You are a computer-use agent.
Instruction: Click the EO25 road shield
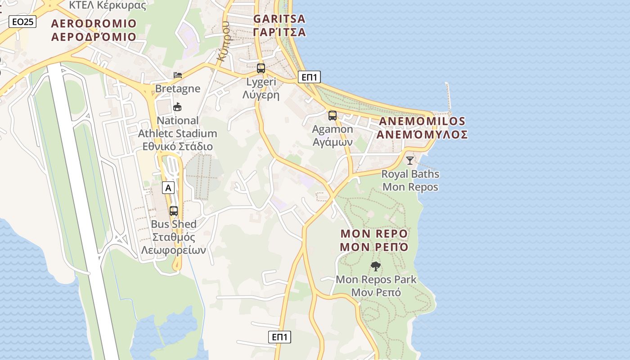pos(22,22)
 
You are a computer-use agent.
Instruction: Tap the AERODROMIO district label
pos(94,30)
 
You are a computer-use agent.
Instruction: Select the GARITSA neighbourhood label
pos(279,25)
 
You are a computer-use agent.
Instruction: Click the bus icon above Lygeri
pos(261,68)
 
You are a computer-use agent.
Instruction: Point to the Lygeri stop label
pos(261,89)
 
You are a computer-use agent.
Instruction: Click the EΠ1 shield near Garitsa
pos(309,77)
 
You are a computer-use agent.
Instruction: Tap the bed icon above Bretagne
pos(178,75)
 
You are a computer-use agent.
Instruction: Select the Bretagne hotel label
pos(178,88)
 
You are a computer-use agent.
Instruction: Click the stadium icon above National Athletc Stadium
pos(178,107)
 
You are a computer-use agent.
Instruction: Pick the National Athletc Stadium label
pos(177,134)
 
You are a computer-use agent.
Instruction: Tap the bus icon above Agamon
pos(333,116)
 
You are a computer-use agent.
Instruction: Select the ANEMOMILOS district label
pos(422,128)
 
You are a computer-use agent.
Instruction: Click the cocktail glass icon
pos(410,160)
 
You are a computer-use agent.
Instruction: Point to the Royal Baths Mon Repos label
pos(410,180)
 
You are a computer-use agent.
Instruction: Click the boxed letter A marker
pos(168,188)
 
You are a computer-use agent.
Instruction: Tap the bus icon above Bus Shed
pos(174,211)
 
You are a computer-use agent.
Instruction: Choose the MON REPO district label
pos(374,240)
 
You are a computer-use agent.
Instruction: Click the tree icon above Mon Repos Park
pos(376,266)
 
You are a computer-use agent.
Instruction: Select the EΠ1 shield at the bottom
pos(280,337)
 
